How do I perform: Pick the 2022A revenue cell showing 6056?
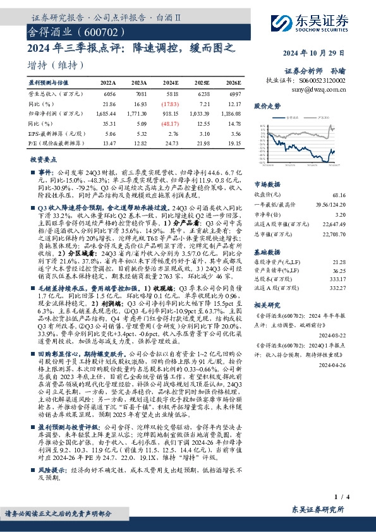pyautogui.click(x=109, y=93)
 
